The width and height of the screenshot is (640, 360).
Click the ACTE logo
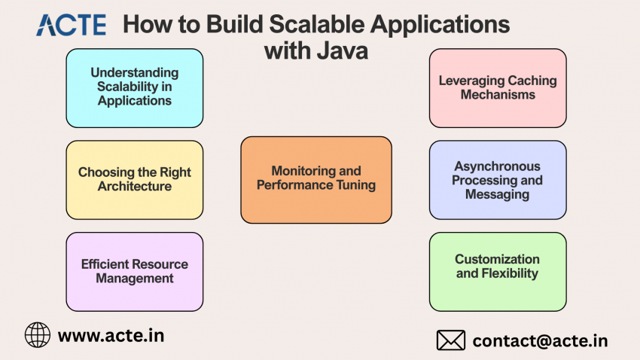click(72, 25)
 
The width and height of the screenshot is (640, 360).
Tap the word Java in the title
click(343, 50)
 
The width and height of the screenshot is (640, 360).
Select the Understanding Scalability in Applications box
click(135, 88)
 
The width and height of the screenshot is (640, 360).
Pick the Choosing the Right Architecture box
click(135, 180)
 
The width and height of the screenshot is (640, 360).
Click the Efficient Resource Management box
click(135, 272)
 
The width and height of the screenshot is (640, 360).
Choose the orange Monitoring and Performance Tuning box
click(316, 180)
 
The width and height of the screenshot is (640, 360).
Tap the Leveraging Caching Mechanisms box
click(498, 88)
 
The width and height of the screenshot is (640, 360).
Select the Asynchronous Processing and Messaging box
click(498, 180)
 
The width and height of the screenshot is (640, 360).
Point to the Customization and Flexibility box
click(498, 272)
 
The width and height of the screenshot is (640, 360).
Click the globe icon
click(38, 334)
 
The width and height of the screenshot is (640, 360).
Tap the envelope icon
click(451, 340)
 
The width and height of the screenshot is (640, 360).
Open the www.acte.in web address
click(111, 335)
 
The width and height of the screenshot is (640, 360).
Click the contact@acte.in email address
click(540, 341)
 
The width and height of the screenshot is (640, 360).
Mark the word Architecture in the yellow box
click(135, 186)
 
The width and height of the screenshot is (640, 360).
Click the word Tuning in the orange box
click(356, 185)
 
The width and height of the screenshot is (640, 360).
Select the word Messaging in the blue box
click(498, 195)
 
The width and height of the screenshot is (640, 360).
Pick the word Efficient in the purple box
click(105, 264)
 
